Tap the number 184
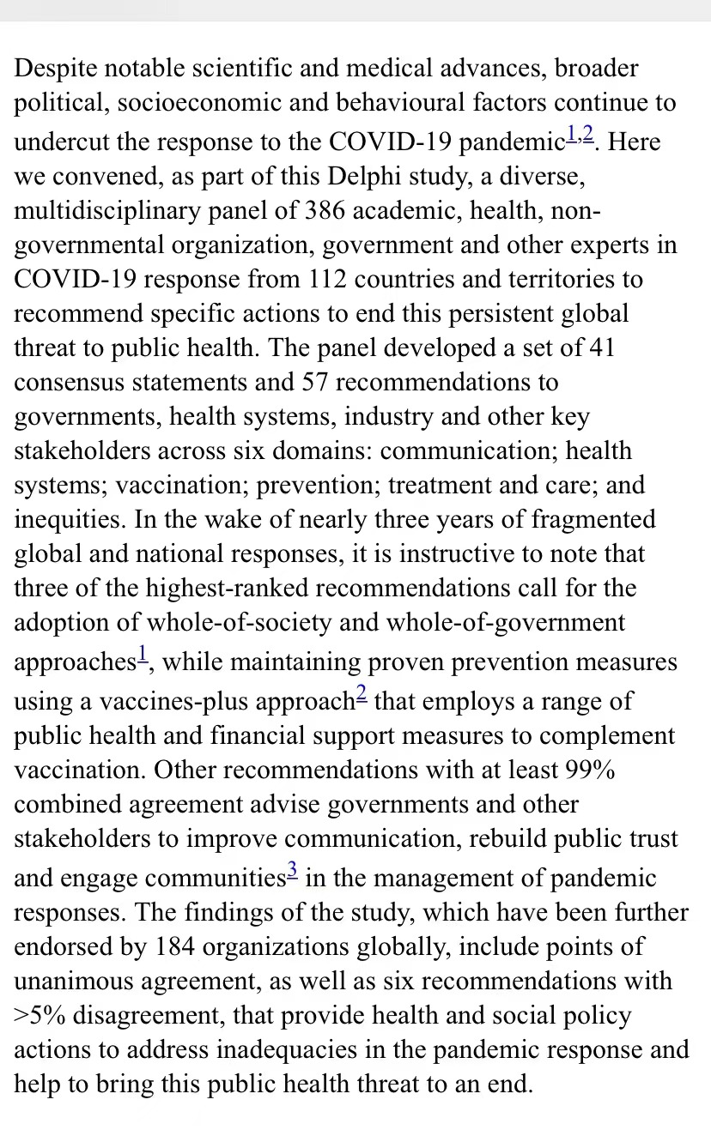[180, 947]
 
